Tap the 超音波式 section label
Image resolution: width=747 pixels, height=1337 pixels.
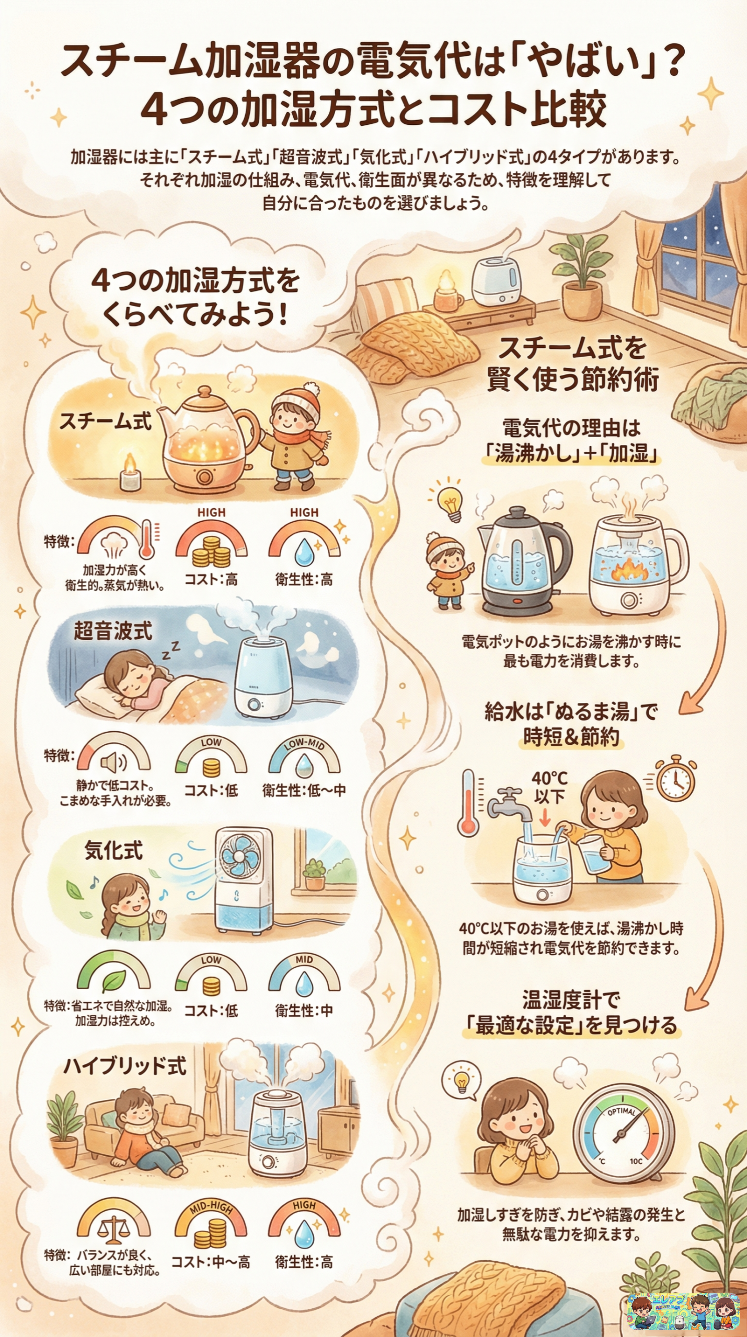112,631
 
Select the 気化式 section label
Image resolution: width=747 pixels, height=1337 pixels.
113,851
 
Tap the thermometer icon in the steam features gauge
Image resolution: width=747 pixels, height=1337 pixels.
147,539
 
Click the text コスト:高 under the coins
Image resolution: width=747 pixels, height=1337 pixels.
211,579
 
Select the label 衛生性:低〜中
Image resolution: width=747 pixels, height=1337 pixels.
304,791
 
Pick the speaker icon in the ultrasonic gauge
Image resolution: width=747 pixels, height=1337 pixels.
113,763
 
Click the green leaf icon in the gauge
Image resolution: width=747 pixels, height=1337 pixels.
113,981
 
